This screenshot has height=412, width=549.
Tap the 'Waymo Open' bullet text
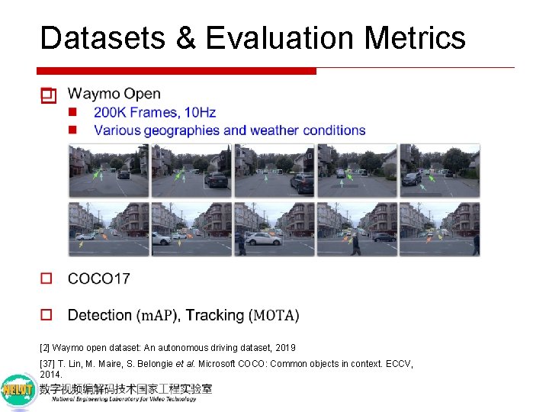click(114, 94)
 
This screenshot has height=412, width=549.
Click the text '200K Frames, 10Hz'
click(155, 112)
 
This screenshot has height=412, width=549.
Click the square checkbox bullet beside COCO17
click(47, 278)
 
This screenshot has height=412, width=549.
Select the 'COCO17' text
click(99, 278)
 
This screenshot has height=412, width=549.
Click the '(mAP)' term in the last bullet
click(157, 315)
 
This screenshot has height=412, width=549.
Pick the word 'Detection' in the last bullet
click(100, 315)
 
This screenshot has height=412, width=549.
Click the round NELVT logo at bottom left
click(18, 391)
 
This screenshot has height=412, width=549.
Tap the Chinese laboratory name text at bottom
click(126, 388)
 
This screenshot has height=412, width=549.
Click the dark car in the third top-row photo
click(302, 183)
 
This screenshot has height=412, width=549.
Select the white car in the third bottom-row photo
click(263, 239)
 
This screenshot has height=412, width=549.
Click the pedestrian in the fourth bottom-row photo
click(355, 244)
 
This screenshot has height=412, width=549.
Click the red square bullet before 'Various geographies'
click(73, 130)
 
